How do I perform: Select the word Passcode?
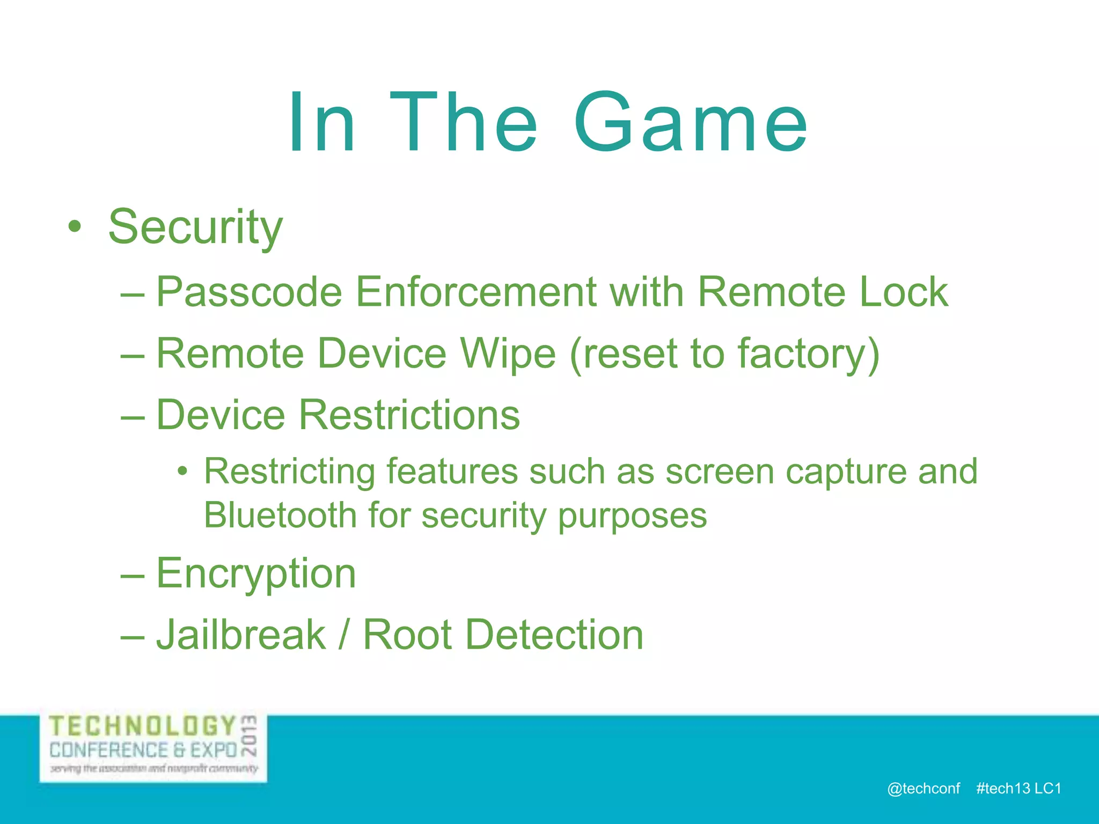[x=249, y=292]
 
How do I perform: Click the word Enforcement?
[x=475, y=292]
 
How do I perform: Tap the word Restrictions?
[x=409, y=415]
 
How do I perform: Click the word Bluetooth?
[x=280, y=516]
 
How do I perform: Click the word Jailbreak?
[x=241, y=635]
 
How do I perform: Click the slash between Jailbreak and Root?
[x=343, y=635]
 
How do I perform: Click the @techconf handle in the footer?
[x=924, y=789]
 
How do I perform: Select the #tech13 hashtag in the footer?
[x=1003, y=789]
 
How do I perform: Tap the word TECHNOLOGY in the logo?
[x=143, y=727]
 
